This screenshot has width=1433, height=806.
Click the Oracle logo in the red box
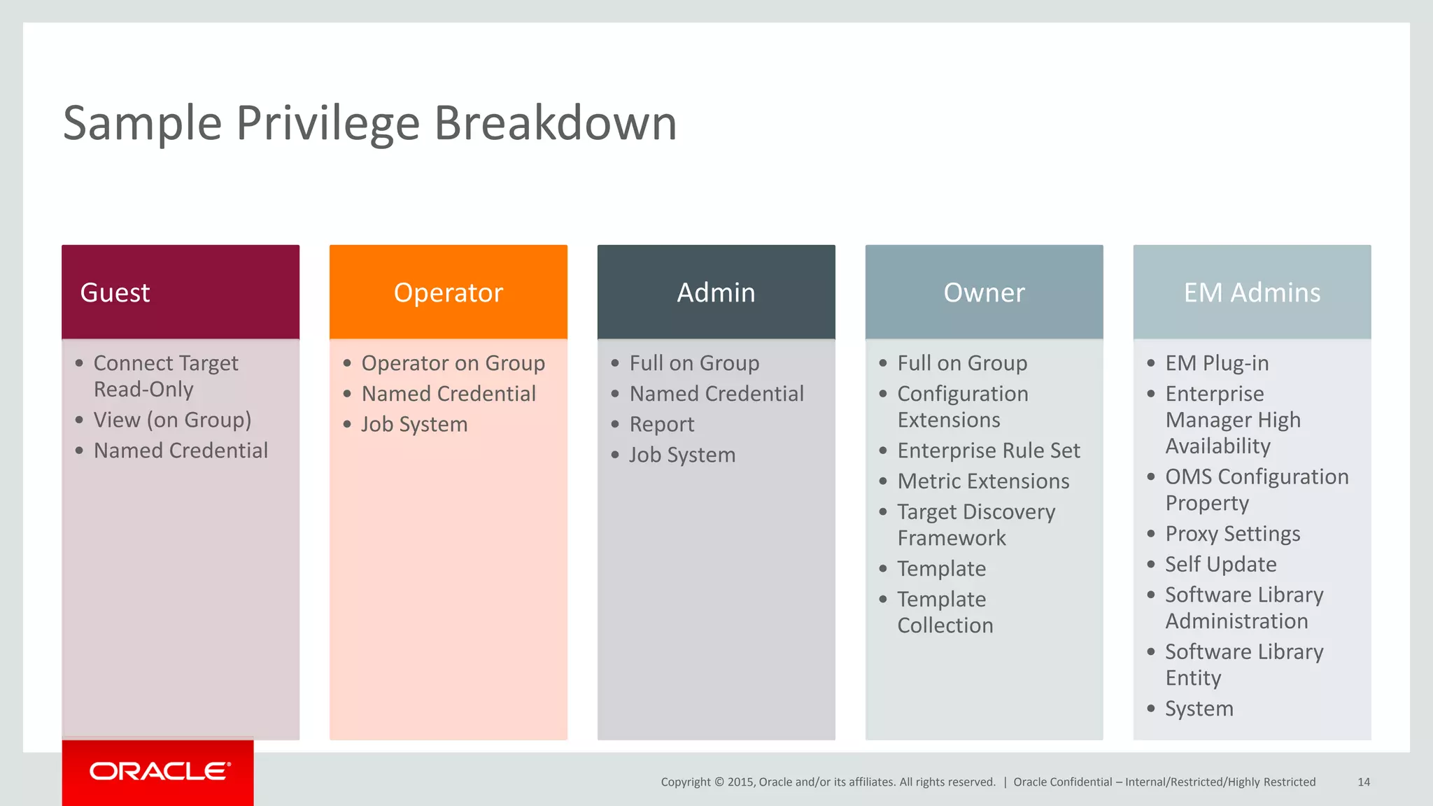[159, 771]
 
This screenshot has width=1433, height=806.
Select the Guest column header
[181, 292]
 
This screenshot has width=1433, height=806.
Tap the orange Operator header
[448, 292]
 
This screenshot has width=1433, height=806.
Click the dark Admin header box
[716, 292]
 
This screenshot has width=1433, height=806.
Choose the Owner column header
[984, 292]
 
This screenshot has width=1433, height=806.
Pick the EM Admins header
[1252, 292]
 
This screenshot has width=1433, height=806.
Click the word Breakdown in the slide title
[556, 123]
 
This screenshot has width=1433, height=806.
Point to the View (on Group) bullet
[172, 420]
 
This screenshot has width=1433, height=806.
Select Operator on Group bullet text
[453, 363]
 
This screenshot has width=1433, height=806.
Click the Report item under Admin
[661, 425]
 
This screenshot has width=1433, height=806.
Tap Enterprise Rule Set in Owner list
[988, 451]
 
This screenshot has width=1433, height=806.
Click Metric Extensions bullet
[983, 481]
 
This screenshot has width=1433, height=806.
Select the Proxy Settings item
[1232, 534]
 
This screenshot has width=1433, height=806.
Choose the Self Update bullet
[1220, 565]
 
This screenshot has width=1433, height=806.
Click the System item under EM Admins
[1199, 709]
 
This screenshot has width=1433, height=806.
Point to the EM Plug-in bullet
[1216, 363]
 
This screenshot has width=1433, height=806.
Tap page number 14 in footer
[1363, 782]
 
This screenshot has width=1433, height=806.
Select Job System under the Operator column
[414, 425]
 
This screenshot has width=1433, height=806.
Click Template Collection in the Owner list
[945, 612]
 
